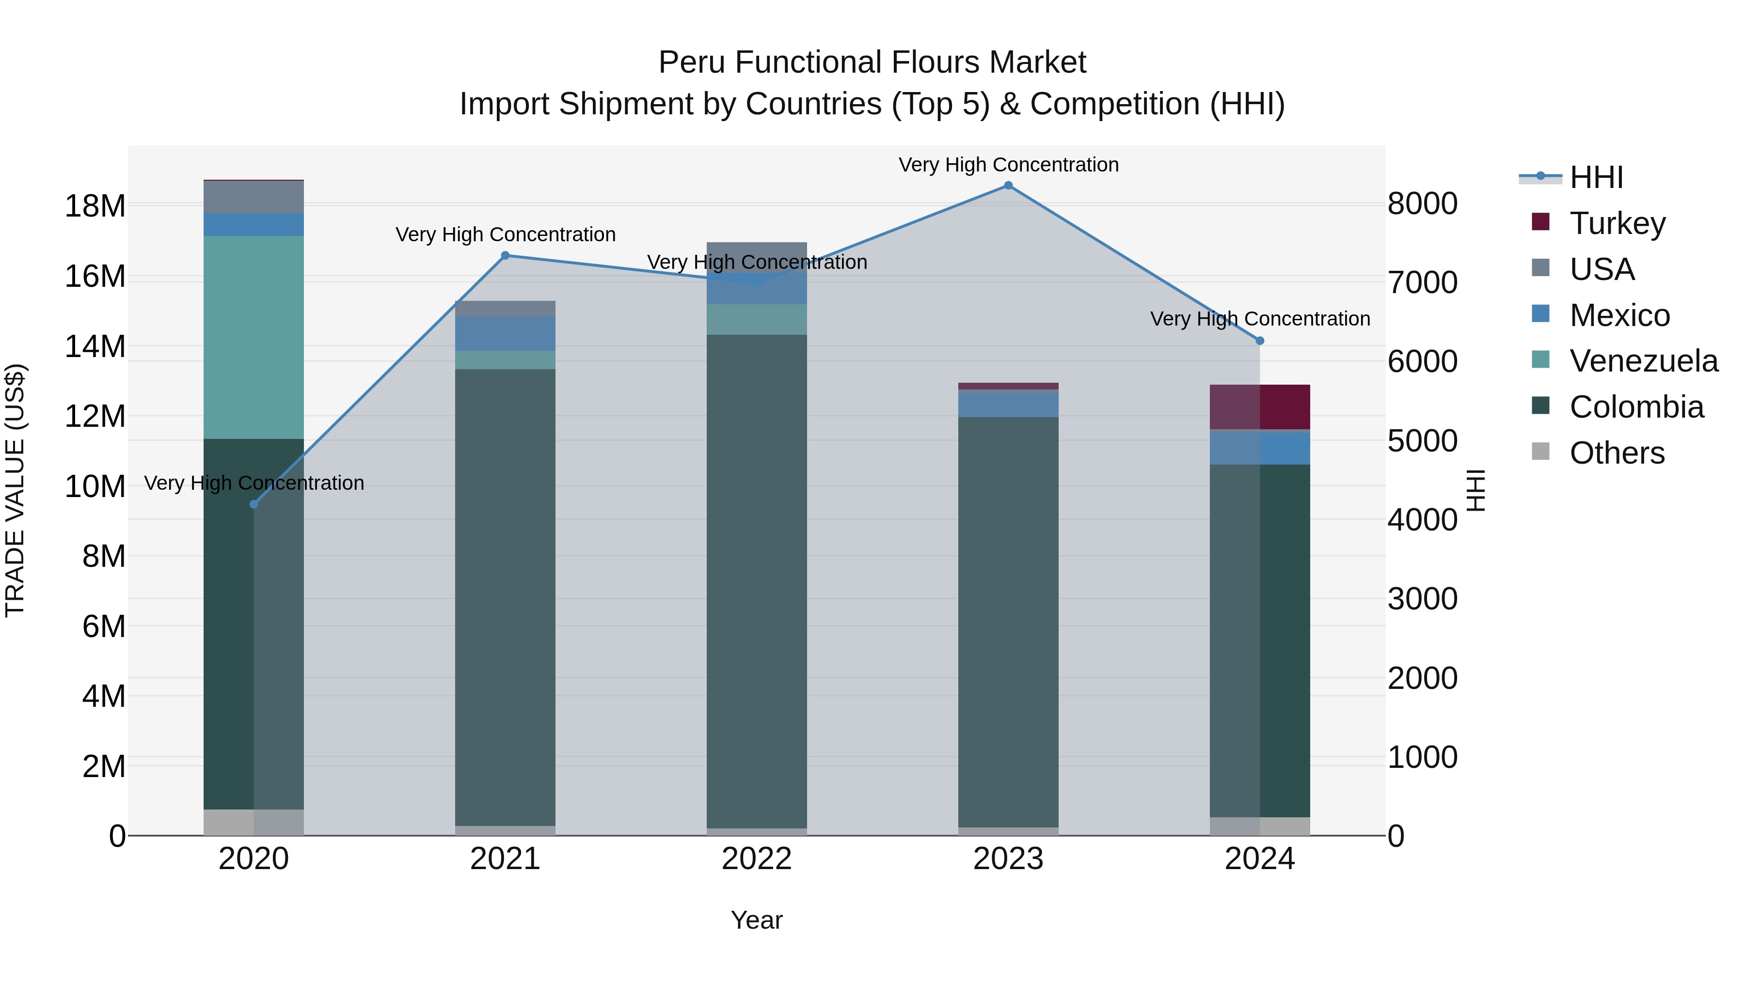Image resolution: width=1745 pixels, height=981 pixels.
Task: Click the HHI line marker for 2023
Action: pos(1008,186)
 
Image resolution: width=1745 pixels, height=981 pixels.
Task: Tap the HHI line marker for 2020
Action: pos(254,504)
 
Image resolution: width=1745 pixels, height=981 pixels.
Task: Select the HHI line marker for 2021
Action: pos(506,255)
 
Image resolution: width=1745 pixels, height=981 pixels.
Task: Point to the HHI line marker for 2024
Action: pos(1260,341)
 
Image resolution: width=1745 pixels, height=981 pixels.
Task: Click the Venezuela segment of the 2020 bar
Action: pos(254,337)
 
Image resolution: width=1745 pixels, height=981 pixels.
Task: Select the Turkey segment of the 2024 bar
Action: pos(1260,407)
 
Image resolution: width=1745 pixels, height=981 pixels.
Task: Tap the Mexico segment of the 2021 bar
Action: pos(506,334)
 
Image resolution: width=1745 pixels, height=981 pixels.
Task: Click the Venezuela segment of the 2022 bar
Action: pos(757,320)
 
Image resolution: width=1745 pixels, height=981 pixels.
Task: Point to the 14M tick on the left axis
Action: pos(95,347)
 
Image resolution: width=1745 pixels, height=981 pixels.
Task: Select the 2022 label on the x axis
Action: pos(757,859)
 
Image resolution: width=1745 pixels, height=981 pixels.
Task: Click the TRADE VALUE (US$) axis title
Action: pos(16,490)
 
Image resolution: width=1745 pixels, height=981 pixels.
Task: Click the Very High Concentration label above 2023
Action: pos(1008,165)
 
